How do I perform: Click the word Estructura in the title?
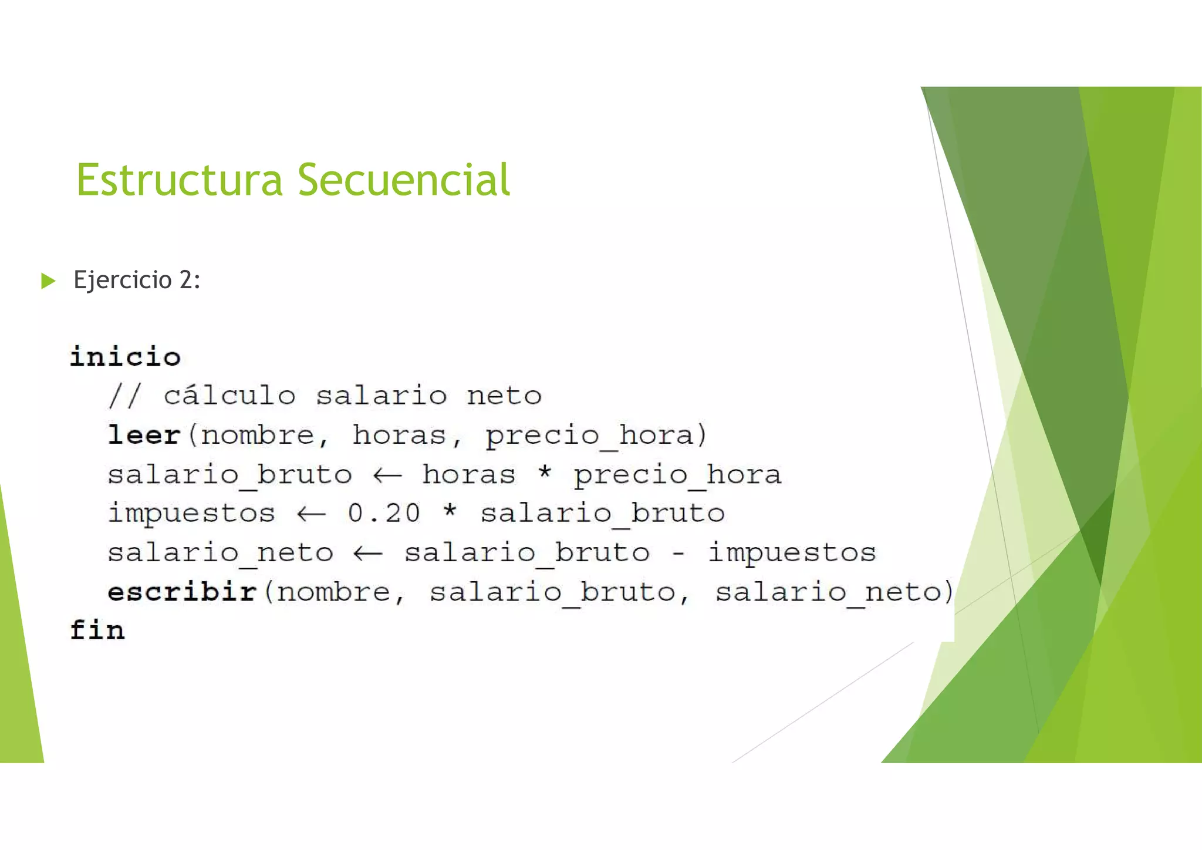click(180, 180)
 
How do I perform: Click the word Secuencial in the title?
click(404, 180)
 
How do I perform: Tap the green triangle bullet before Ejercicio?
click(48, 281)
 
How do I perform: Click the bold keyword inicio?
click(125, 357)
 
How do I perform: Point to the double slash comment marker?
click(125, 396)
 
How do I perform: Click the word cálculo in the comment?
click(229, 396)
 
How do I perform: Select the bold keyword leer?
click(144, 435)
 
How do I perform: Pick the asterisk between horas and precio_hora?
click(545, 472)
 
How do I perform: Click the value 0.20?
click(384, 513)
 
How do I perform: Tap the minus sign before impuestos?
click(678, 553)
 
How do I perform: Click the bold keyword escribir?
click(183, 591)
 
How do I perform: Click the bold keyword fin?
click(97, 630)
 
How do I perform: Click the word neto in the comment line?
click(504, 396)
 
